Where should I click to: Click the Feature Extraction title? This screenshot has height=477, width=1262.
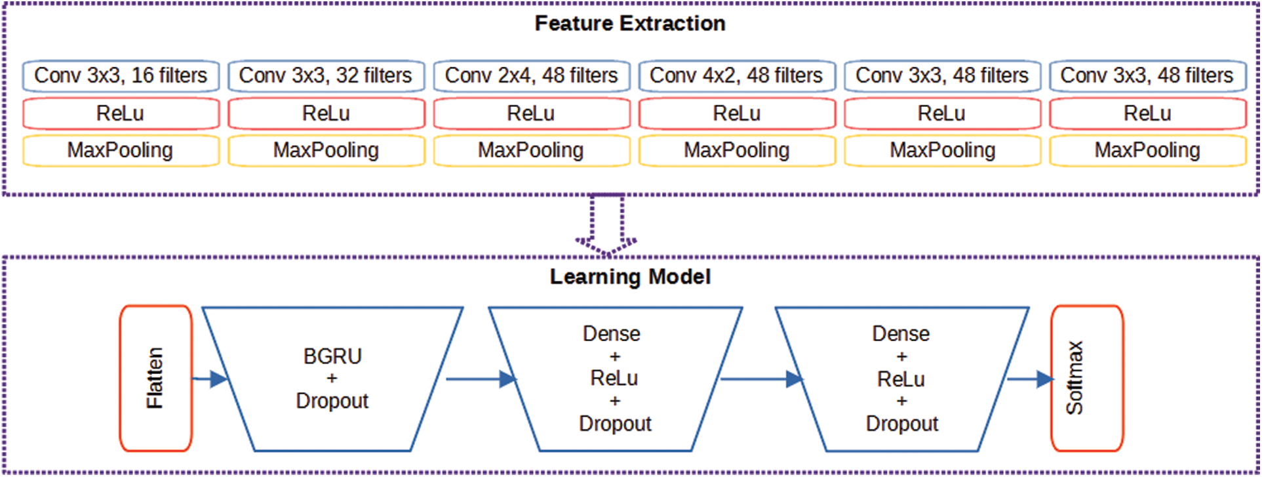630,24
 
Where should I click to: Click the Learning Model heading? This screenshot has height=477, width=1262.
630,277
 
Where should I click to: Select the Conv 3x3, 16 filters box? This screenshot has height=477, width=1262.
121,75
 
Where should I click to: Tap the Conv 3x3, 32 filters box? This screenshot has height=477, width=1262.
326,75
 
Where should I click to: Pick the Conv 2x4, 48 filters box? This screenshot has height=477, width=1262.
532,75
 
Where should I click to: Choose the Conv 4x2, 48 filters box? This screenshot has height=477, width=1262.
737,75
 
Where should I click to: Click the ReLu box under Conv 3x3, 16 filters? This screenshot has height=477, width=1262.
121,114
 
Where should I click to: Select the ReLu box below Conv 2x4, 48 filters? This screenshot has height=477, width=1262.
532,114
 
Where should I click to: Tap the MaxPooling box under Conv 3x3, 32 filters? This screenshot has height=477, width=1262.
326,150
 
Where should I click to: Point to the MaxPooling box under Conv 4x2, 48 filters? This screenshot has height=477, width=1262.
737,150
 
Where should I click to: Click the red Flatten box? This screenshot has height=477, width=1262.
156,379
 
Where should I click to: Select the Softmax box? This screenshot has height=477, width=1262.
1088,379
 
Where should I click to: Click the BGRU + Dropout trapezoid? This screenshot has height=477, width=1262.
332,379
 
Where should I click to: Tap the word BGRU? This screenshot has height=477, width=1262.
332,356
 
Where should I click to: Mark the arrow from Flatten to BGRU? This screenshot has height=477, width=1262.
210,379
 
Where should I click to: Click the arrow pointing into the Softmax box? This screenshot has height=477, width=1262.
1030,379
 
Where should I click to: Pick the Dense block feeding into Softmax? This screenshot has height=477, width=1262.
902,379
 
